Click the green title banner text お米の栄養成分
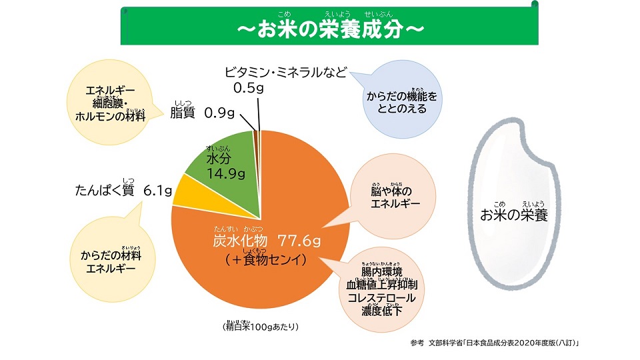(330, 30)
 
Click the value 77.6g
(300, 240)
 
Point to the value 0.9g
(219, 113)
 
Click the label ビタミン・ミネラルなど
(285, 73)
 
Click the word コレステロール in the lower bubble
(381, 297)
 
